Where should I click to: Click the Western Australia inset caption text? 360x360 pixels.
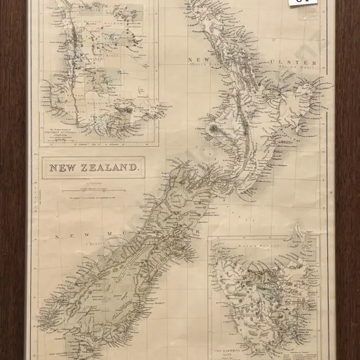tap(62, 128)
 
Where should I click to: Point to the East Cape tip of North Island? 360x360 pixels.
tap(321, 83)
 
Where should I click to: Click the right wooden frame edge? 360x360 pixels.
tap(348, 196)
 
